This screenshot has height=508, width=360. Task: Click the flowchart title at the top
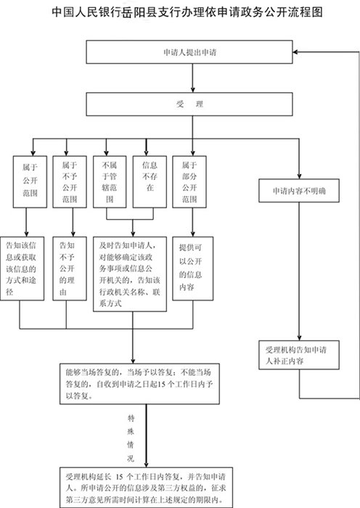tap(187, 12)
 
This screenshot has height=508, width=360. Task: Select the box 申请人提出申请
tap(189, 52)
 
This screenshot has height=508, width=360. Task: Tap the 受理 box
tap(189, 104)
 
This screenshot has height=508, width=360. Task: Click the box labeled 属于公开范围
tap(30, 181)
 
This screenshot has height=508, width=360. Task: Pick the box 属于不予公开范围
tap(70, 181)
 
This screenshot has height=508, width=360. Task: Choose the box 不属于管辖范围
tap(110, 181)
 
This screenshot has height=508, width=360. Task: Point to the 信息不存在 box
tap(150, 181)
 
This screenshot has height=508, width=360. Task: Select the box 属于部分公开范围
tap(189, 181)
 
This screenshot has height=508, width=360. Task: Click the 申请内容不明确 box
tap(299, 190)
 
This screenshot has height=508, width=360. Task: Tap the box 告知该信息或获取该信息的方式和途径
tap(22, 269)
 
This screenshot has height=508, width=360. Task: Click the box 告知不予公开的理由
tap(70, 269)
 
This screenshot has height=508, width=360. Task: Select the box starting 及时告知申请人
tap(130, 274)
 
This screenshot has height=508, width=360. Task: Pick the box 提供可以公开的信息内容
tap(192, 269)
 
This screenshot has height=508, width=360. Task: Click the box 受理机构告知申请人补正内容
tap(299, 355)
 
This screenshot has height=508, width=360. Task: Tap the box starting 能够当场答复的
tap(139, 384)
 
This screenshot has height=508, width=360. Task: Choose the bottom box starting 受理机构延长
tap(146, 487)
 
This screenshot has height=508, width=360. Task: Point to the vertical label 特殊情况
tap(131, 438)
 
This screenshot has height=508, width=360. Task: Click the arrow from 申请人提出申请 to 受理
tap(193, 78)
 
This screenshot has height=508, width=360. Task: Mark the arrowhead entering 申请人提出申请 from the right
tap(295, 52)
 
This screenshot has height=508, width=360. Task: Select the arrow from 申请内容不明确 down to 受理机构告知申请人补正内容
tap(299, 271)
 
